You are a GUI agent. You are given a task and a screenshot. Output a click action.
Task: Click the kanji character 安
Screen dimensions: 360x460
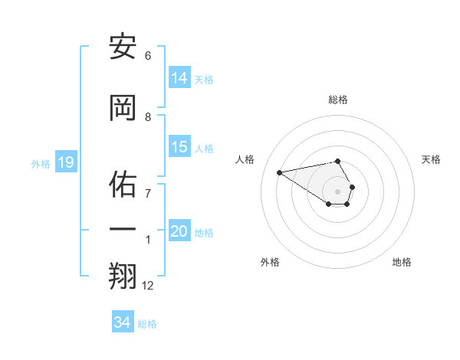[123, 47]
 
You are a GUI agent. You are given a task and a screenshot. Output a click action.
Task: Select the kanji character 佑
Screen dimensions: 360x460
[123, 185]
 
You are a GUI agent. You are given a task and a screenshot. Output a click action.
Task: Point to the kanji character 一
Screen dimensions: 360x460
[123, 230]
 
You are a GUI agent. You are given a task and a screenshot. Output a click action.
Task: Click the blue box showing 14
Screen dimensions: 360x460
[179, 77]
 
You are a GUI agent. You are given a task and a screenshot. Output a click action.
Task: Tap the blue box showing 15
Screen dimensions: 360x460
[179, 147]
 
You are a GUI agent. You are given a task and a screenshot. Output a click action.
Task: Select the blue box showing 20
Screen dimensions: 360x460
[179, 231]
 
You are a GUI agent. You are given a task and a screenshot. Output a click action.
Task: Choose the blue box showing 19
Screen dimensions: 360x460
[65, 162]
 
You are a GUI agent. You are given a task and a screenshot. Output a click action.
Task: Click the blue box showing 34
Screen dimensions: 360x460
[123, 322]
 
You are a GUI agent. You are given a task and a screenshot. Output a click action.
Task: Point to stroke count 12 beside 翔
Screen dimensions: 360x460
[148, 286]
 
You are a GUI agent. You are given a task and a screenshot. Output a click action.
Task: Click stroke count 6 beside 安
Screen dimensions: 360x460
[148, 56]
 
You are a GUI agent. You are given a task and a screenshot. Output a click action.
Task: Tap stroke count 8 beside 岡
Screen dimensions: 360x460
[148, 116]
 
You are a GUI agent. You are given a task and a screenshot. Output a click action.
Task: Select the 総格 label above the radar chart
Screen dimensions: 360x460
[338, 100]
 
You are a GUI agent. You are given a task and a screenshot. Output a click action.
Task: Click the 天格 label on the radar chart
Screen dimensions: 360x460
[431, 159]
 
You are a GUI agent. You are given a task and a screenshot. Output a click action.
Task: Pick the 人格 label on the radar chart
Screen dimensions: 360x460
[245, 159]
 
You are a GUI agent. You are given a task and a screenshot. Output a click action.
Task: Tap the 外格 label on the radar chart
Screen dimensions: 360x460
[270, 262]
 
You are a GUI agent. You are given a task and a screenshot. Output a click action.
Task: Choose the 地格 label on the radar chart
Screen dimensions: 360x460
[402, 262]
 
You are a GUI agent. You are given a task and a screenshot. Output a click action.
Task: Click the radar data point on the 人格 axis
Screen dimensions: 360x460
[279, 172]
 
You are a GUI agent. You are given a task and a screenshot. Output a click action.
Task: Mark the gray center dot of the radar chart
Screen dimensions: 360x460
[338, 191]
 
